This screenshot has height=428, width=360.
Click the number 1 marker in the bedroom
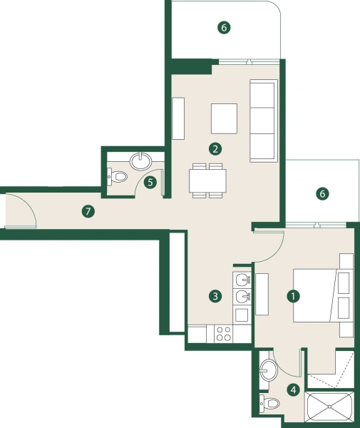(x=291, y=294)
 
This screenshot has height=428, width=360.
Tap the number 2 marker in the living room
(x=214, y=149)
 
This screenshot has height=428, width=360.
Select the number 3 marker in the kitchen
(x=214, y=295)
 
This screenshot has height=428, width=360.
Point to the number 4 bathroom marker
(x=293, y=389)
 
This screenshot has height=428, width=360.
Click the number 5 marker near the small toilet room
(x=150, y=182)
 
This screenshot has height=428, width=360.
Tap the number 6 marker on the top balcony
(x=224, y=28)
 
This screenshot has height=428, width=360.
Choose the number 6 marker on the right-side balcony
(x=323, y=193)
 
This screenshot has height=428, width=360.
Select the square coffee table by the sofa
(x=224, y=118)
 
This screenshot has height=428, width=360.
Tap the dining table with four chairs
(x=207, y=181)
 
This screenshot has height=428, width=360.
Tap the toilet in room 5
(x=118, y=175)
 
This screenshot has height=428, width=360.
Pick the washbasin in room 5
(x=143, y=160)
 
